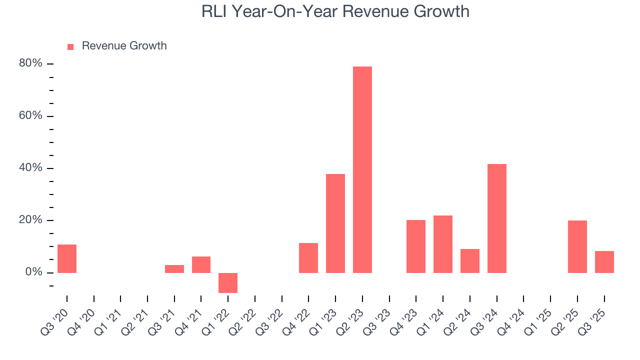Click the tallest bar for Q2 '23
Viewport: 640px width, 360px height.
point(362,169)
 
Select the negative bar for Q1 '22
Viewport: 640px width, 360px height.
point(228,282)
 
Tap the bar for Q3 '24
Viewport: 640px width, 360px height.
point(497,218)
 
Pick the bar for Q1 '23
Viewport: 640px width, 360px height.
point(335,223)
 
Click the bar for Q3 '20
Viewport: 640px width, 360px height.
point(67,258)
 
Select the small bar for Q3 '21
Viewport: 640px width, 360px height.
point(174,269)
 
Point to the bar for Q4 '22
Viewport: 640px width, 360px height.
point(308,257)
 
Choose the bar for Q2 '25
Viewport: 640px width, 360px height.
point(577,246)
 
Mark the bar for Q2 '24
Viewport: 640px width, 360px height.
point(470,260)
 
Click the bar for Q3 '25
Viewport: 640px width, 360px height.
point(604,261)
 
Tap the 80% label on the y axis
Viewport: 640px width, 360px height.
point(30,63)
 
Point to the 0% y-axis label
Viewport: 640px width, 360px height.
point(33,272)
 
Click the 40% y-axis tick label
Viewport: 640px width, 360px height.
point(30,168)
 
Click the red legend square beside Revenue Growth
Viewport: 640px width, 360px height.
point(70,46)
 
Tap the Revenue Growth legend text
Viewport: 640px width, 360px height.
point(124,46)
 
